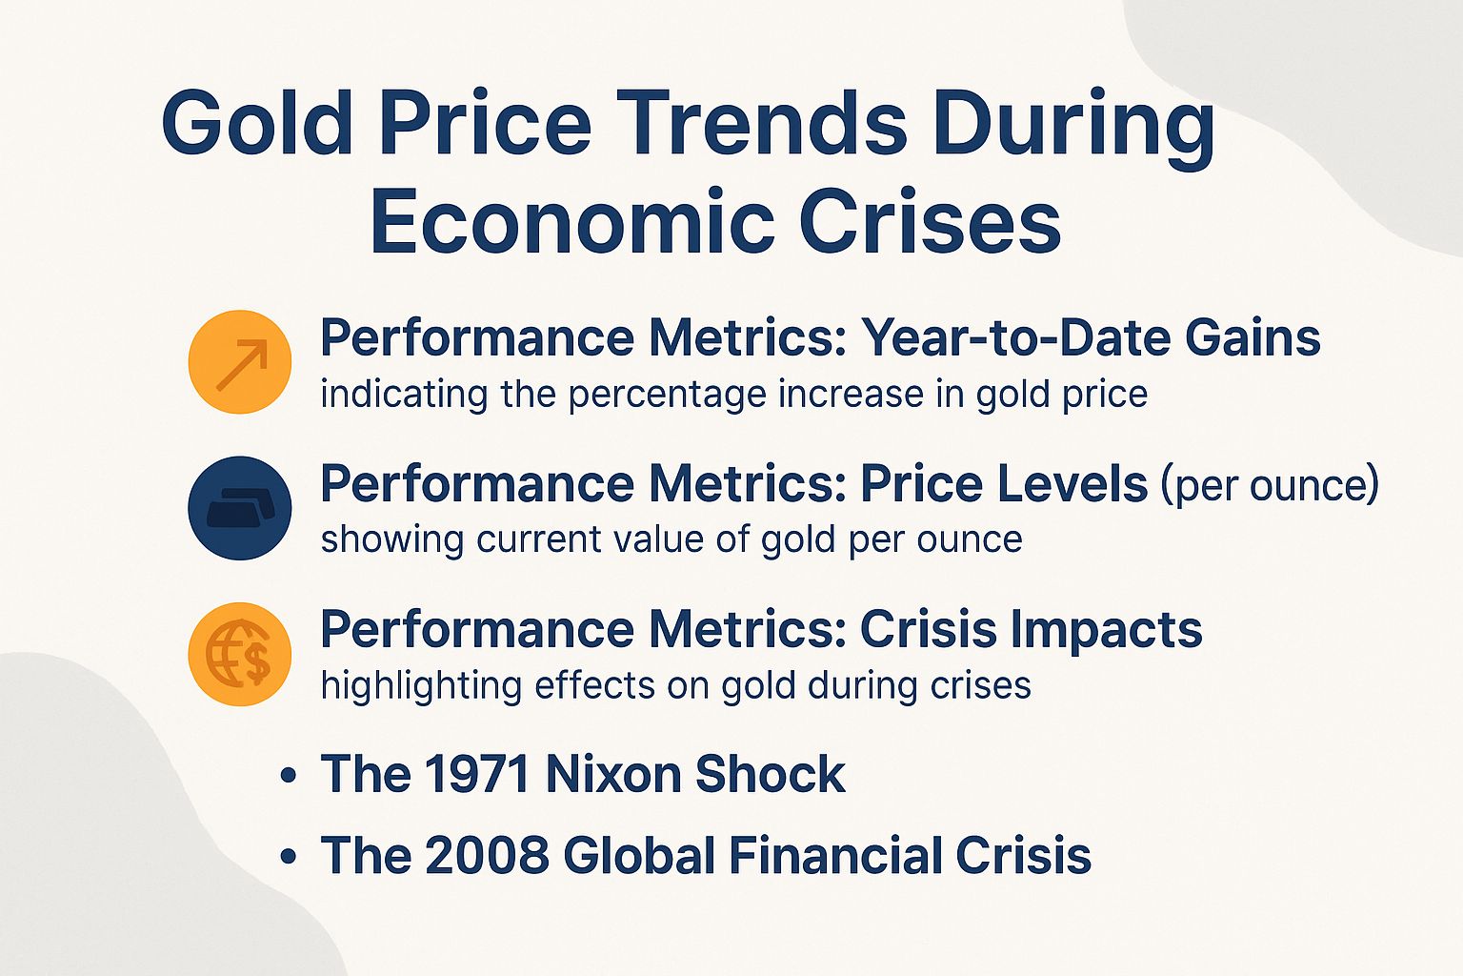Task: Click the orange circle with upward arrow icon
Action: [240, 362]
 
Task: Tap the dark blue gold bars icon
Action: [240, 508]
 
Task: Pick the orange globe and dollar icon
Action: [240, 654]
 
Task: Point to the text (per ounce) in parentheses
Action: [1269, 485]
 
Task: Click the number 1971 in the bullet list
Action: [476, 774]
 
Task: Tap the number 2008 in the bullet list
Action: [487, 855]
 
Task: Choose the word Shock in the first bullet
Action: [770, 774]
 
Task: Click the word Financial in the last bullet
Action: [835, 855]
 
